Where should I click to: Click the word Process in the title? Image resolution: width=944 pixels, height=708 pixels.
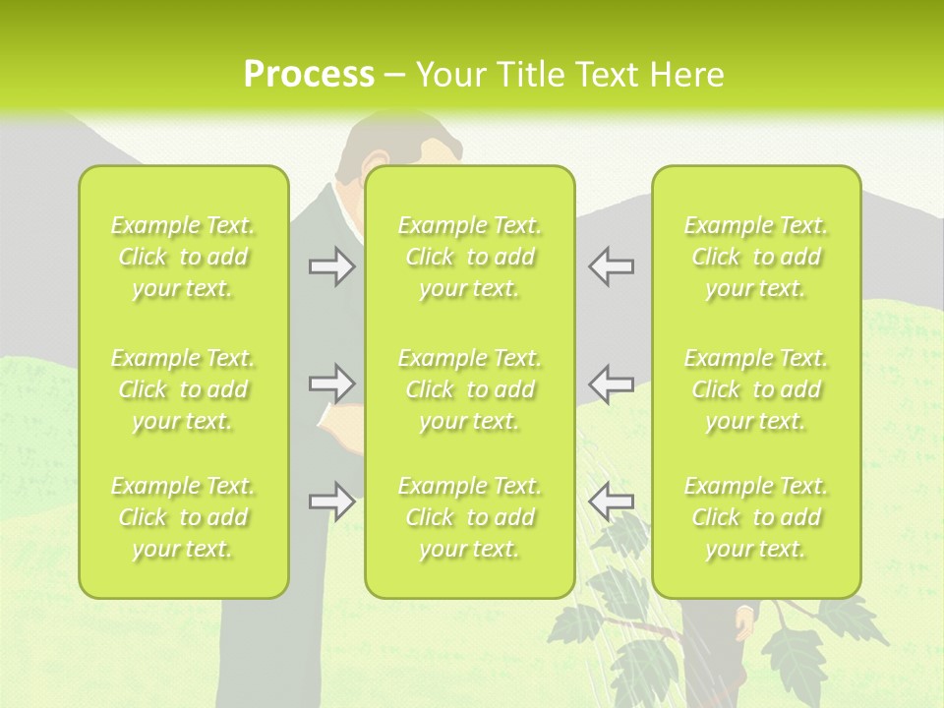click(x=309, y=75)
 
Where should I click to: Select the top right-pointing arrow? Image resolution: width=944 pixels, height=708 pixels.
click(x=331, y=266)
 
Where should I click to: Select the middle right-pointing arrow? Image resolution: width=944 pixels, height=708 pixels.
click(x=331, y=383)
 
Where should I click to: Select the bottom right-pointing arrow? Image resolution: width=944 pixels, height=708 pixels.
click(x=331, y=501)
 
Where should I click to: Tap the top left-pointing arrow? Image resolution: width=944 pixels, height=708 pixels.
click(x=611, y=266)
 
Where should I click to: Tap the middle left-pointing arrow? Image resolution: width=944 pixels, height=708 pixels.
click(x=611, y=383)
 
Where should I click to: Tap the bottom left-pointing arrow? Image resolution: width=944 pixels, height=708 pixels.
click(x=611, y=501)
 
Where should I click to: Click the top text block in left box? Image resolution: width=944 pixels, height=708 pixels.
click(x=183, y=257)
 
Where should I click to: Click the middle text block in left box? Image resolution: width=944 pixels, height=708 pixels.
click(x=183, y=389)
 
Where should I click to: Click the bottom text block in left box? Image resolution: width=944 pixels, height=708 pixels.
click(x=183, y=517)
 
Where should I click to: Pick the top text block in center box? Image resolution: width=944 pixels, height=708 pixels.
click(x=469, y=257)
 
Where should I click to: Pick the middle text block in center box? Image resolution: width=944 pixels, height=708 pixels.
click(x=469, y=389)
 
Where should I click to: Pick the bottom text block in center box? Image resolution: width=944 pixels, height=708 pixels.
click(x=469, y=517)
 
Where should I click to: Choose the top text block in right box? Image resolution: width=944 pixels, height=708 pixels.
click(x=756, y=257)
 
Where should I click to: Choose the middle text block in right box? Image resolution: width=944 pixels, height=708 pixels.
click(x=756, y=389)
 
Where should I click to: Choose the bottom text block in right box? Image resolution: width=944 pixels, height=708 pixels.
click(x=756, y=517)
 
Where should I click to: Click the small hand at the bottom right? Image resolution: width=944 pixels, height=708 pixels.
click(x=744, y=620)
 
